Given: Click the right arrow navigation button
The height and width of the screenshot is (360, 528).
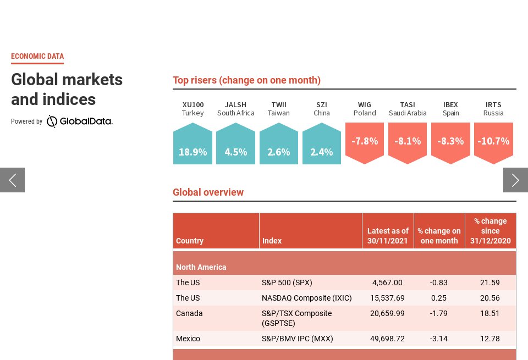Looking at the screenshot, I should point(515,180).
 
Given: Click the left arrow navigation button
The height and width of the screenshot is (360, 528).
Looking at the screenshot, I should point(12,180).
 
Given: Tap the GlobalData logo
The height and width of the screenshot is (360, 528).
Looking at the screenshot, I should point(79,121).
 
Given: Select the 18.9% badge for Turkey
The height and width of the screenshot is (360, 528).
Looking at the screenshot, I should point(193,144).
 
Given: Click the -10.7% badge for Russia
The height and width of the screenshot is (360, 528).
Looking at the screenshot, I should point(493,142).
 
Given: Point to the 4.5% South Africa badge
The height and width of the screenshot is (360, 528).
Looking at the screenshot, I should point(235,144).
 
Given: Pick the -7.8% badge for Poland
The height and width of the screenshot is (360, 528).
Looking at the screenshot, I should point(365,142).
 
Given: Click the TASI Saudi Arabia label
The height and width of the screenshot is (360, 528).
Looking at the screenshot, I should point(408,109).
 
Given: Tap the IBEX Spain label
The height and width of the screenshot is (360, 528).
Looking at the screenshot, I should point(450,109).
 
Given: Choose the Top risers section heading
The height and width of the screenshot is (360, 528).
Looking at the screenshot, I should point(246,80).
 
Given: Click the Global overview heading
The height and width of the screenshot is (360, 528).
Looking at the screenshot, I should point(208,192).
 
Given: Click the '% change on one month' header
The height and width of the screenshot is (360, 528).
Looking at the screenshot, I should point(439,236).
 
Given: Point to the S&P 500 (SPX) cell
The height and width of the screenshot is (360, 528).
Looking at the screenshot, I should point(287,283).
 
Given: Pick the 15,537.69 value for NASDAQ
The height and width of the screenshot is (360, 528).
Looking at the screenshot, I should point(387,298).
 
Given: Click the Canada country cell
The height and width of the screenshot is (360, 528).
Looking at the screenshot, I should point(189,313).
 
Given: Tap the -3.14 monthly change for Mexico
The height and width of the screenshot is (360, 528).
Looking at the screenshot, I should point(439,339).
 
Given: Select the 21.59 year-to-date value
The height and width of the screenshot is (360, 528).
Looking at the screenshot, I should point(490,283).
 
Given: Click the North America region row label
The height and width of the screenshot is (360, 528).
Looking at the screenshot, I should point(201,267).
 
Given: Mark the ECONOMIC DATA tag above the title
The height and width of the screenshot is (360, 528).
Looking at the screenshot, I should point(37,56).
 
